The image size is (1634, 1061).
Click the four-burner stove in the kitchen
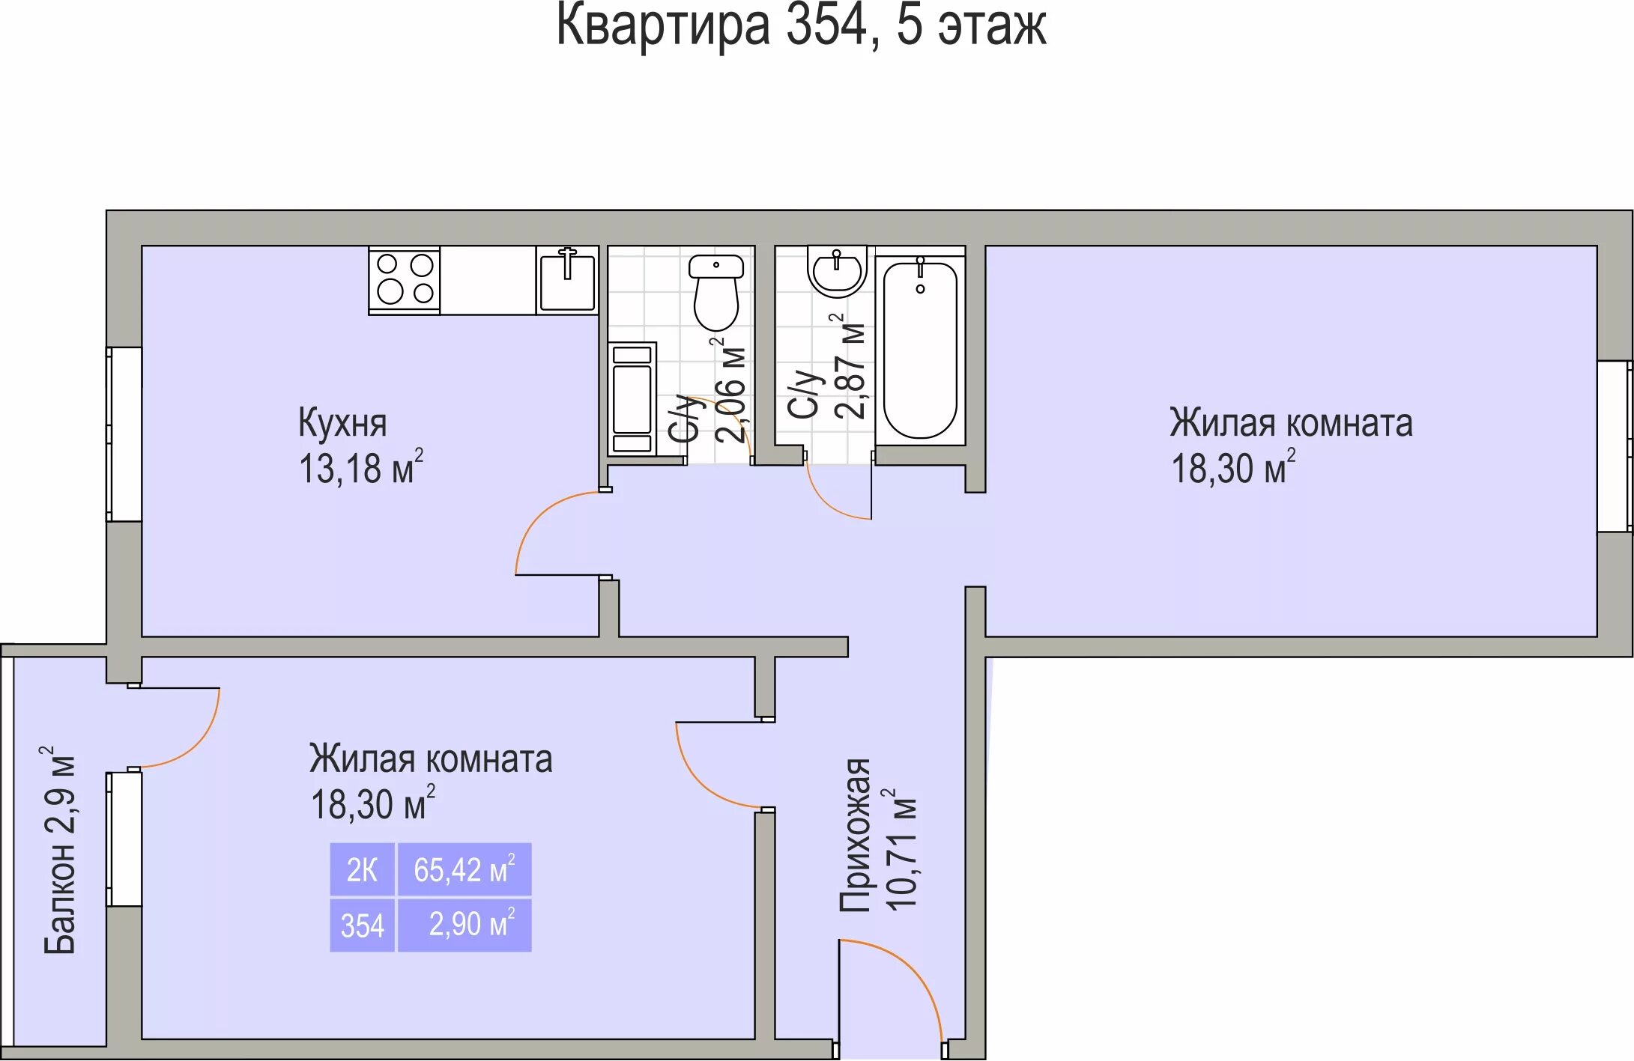pyautogui.click(x=404, y=280)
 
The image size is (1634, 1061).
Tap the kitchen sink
pyautogui.click(x=567, y=280)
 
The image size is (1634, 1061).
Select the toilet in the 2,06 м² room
pyautogui.click(x=716, y=292)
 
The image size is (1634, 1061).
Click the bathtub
pyautogui.click(x=920, y=348)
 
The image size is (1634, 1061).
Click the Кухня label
pyautogui.click(x=342, y=423)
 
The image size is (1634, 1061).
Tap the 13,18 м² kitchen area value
pyautogui.click(x=360, y=469)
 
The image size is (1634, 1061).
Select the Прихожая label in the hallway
pyautogui.click(x=854, y=835)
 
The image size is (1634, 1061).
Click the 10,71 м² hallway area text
pyautogui.click(x=901, y=850)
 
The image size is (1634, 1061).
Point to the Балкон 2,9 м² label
pyautogui.click(x=59, y=850)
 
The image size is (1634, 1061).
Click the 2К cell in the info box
pyautogui.click(x=362, y=870)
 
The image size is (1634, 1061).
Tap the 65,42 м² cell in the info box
pyautogui.click(x=464, y=870)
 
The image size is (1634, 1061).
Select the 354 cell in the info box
pyautogui.click(x=362, y=925)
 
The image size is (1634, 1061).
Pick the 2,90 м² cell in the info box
pyautogui.click(x=464, y=925)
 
